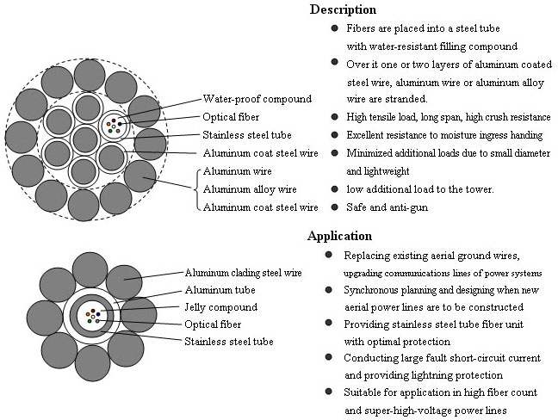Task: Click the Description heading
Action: click(x=342, y=10)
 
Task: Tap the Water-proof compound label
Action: click(x=257, y=99)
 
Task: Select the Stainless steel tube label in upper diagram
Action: click(x=246, y=135)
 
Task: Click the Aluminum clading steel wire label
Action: click(x=243, y=273)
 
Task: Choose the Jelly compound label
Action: click(x=220, y=307)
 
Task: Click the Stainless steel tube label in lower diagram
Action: click(x=228, y=342)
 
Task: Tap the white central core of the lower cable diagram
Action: click(x=90, y=317)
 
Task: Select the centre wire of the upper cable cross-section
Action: click(x=85, y=139)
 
